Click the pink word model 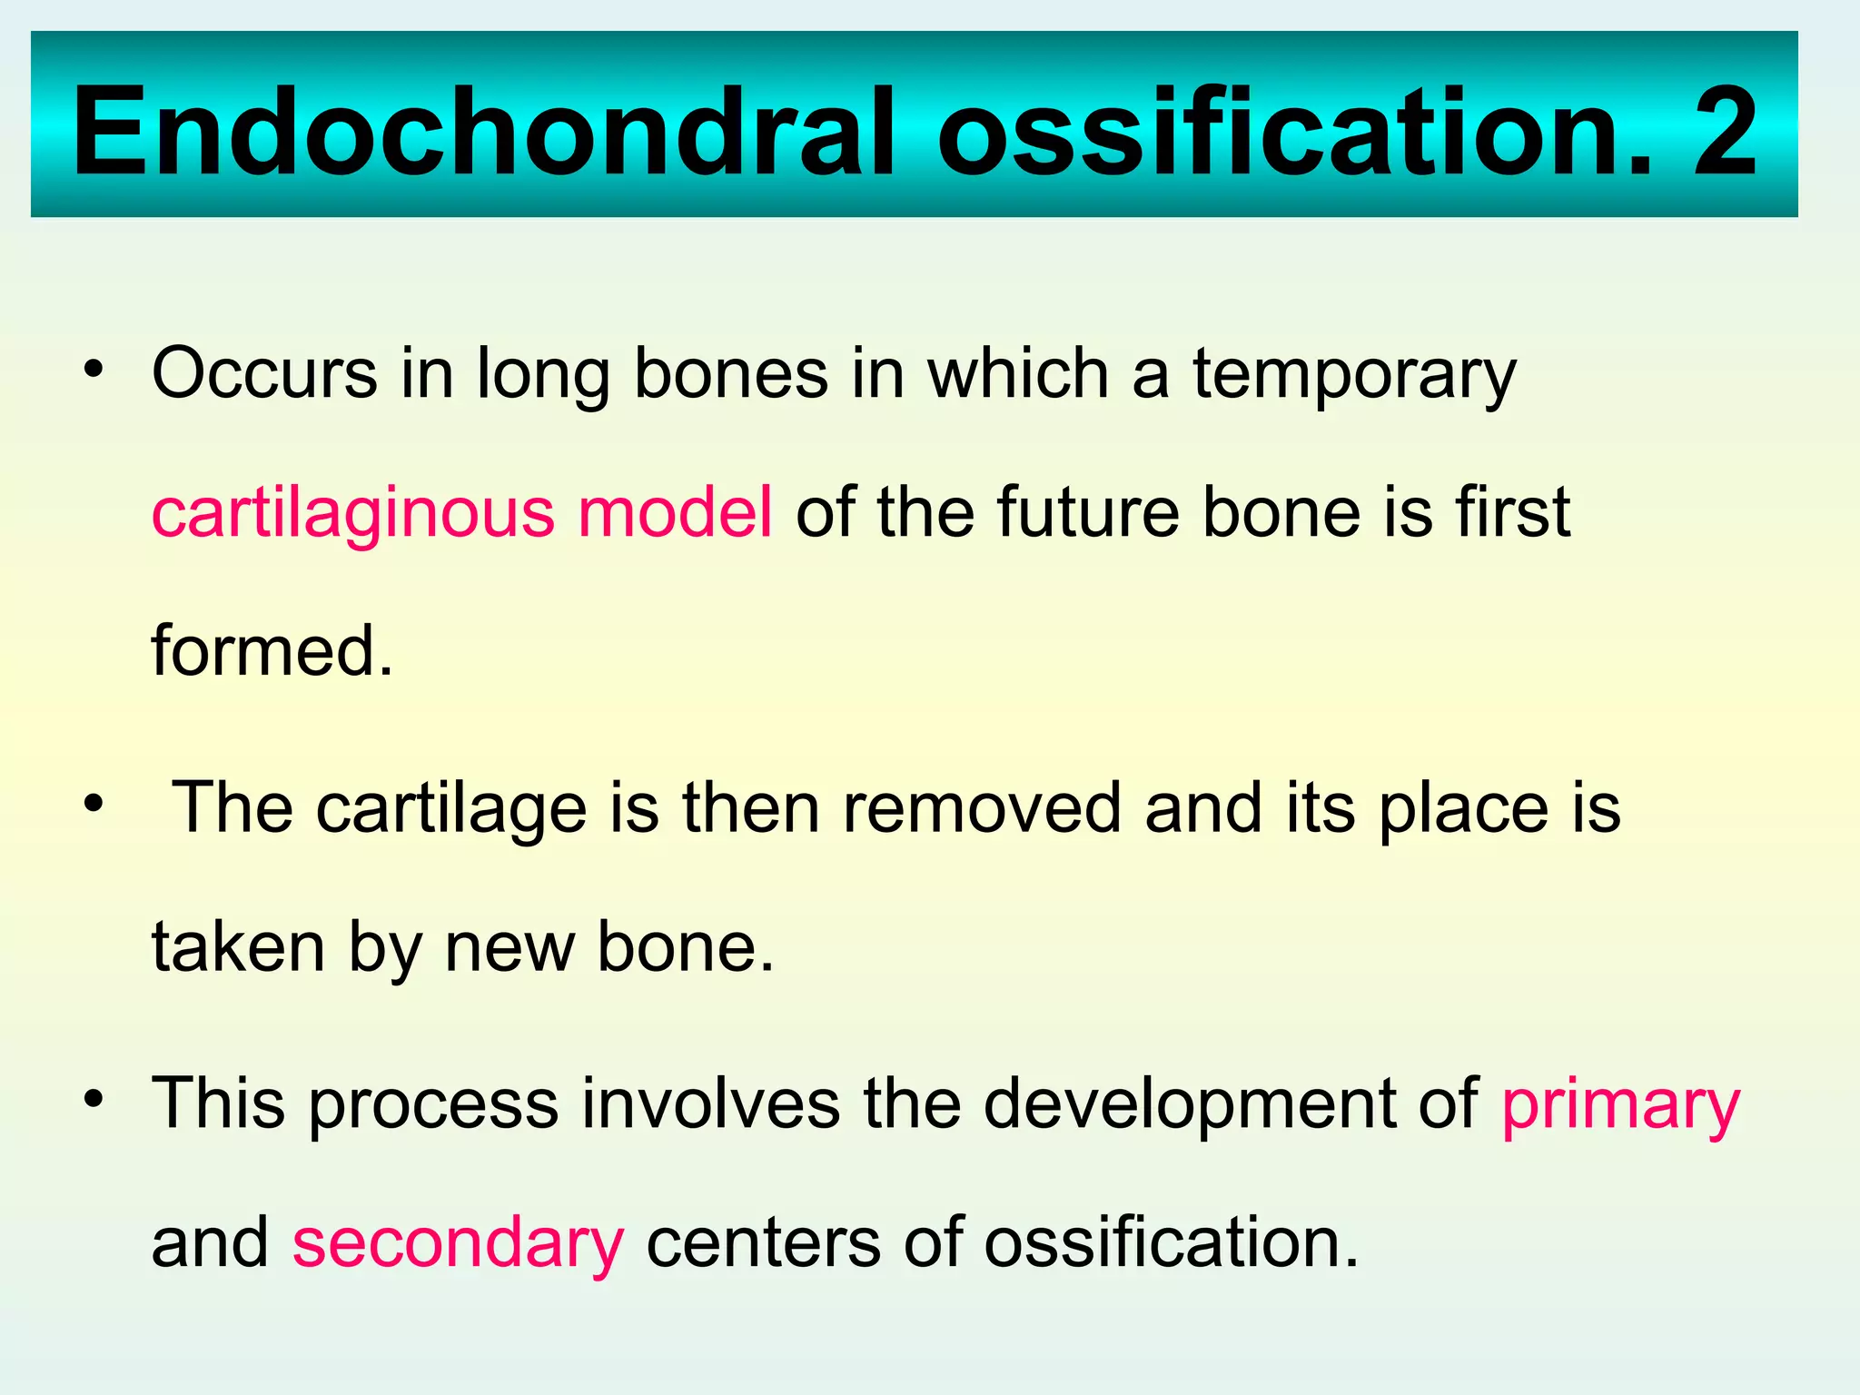[x=675, y=513]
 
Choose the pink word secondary [x=458, y=1244]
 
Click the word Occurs [x=264, y=373]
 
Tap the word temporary [x=1354, y=375]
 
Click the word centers [x=763, y=1244]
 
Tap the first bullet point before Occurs [x=93, y=370]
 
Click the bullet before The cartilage [x=93, y=805]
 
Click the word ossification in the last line [x=1172, y=1244]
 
